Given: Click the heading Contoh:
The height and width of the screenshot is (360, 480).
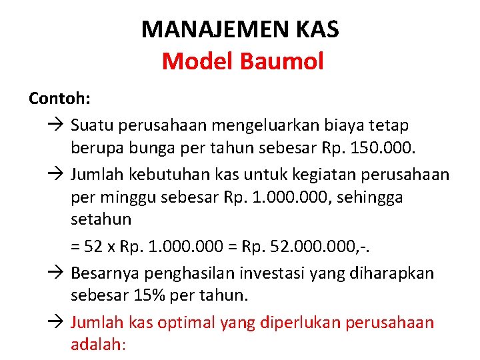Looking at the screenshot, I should click(60, 99).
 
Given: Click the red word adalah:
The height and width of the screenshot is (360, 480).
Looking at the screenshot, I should click(98, 344).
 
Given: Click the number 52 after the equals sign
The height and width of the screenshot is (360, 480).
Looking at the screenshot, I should click(94, 248).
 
